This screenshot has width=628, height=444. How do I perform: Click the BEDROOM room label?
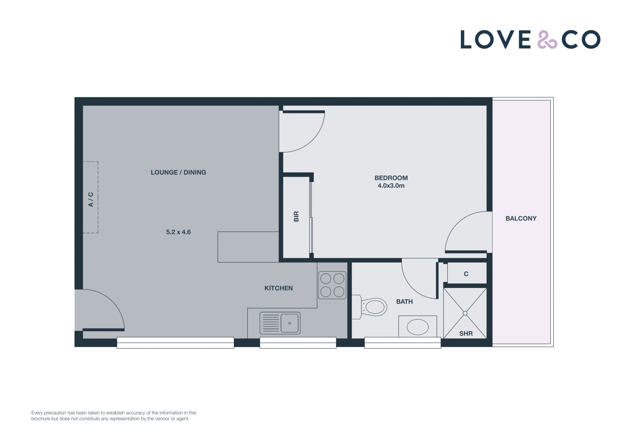(391, 178)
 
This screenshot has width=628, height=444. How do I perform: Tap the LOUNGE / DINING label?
(178, 172)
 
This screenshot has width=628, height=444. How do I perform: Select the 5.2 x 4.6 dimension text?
(178, 232)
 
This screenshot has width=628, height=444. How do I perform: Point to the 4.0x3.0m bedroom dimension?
(391, 186)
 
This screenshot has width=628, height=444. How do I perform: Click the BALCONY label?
(521, 218)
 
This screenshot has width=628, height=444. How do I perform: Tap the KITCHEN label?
(278, 288)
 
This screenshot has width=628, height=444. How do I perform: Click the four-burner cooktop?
(332, 285)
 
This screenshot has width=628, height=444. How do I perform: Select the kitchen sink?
(280, 323)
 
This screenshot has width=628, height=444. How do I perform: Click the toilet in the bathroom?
(370, 307)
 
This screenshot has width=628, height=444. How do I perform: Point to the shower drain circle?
(465, 313)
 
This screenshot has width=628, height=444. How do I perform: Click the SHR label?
(466, 333)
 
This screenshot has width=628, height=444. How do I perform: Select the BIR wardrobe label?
(296, 216)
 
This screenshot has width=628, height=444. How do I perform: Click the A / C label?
(91, 199)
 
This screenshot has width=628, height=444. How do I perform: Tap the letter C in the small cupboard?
(466, 274)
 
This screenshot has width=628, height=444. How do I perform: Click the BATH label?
(404, 302)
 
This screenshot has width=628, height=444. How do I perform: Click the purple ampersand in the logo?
(547, 40)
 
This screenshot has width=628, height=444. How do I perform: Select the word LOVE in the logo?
(496, 40)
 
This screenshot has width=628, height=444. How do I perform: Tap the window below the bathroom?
(403, 343)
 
